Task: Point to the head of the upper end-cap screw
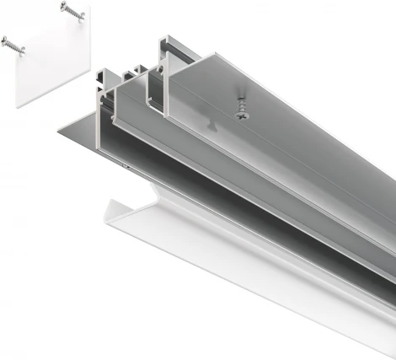(65, 8)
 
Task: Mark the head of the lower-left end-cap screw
(6, 41)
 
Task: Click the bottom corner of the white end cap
(19, 107)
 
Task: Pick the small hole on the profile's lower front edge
(127, 167)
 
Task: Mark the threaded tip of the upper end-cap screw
(83, 18)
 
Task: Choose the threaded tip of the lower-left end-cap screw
(24, 52)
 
